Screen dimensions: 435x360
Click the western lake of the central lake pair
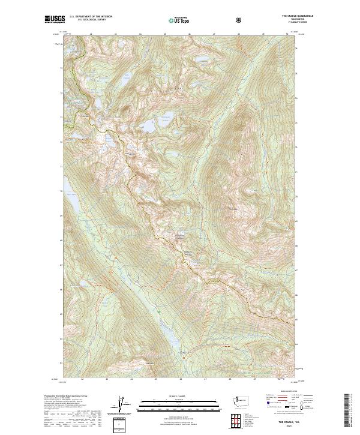coord(148,126)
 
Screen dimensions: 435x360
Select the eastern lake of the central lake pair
coord(165,122)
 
